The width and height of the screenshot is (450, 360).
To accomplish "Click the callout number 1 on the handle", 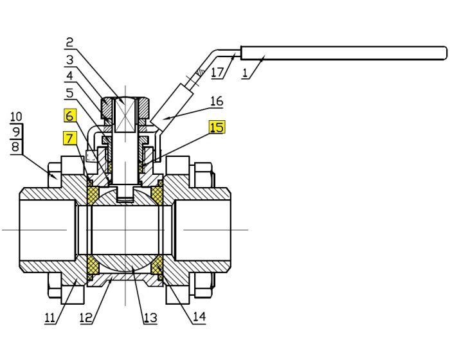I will (245, 73).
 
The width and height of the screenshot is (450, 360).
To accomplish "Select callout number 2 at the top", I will (69, 43).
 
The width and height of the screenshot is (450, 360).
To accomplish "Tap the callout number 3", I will (69, 60).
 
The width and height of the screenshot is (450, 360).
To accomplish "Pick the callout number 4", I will (69, 76).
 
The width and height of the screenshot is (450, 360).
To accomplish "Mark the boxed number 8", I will (16, 147).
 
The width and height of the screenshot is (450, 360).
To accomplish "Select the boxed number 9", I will (16, 132).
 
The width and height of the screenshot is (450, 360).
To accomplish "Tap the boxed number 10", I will (16, 117).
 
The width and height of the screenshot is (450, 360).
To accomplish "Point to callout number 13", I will (150, 317).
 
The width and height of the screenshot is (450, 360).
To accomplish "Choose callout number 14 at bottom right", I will (199, 317).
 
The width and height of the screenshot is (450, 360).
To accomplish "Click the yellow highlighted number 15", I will (217, 127).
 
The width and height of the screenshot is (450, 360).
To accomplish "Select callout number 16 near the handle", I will (216, 101).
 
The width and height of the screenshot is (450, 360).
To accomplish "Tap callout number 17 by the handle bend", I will (217, 73).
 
